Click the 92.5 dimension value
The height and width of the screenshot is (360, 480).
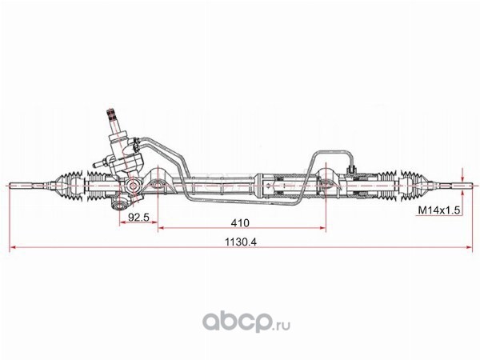coord(138,217)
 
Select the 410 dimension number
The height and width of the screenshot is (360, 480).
coord(240,223)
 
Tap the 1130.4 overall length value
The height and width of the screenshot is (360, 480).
coord(241,242)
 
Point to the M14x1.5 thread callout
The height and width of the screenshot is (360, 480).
coord(439,210)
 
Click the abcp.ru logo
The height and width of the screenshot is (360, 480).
coord(246,322)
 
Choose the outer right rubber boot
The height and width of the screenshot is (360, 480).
coord(414,186)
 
